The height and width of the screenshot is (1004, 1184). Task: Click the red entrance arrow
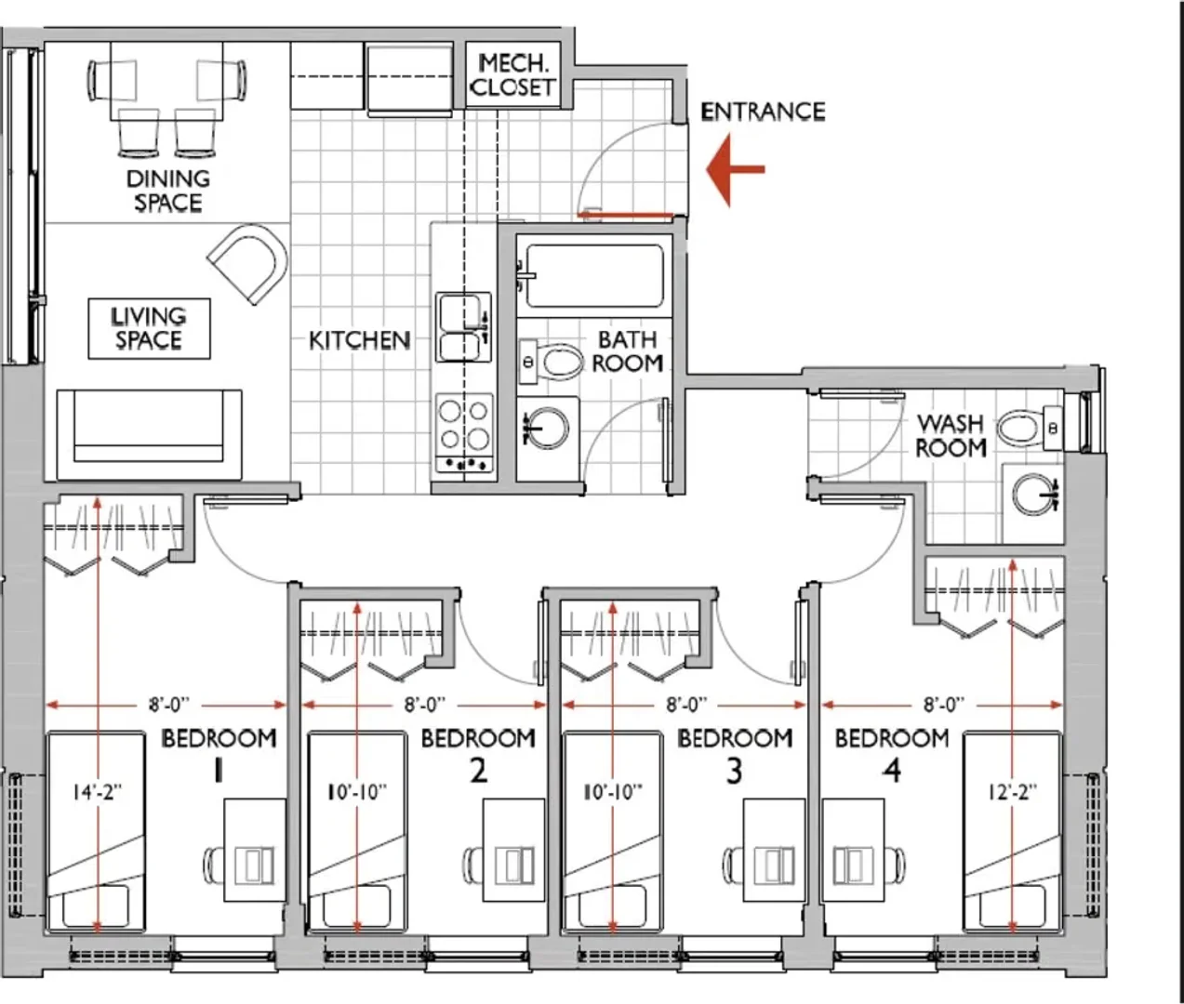coord(736,169)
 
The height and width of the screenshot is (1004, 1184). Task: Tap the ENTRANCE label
coord(763,112)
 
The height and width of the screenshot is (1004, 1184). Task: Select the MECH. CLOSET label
coord(512,75)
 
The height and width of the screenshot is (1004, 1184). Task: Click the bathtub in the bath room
coord(594,276)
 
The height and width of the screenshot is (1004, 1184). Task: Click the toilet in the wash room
coord(1030,429)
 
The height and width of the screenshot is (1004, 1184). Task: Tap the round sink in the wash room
coord(1034,494)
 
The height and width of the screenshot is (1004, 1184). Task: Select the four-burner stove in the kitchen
coord(464,432)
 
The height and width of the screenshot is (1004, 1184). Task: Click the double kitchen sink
coord(463,327)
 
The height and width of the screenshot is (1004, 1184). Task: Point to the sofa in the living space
coord(149,435)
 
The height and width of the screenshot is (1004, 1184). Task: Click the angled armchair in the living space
coord(248,263)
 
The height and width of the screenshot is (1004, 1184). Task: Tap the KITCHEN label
coord(360,340)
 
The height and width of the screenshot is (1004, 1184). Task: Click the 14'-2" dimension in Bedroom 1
coord(98,793)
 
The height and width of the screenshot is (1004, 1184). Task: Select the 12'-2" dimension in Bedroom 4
coord(1013,793)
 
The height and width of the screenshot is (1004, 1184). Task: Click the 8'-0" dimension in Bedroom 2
coord(425,705)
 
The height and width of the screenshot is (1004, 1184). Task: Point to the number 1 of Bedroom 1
coord(218,771)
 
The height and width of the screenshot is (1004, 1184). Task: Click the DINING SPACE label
coord(167,191)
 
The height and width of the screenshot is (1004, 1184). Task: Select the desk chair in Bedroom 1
coord(214,865)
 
